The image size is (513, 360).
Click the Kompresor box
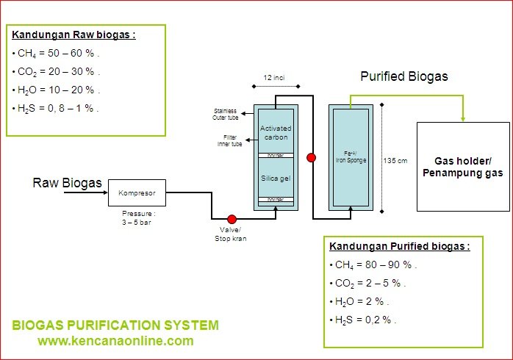[x=137, y=193]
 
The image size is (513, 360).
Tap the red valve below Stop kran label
[x=232, y=218]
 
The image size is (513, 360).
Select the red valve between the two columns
[x=312, y=157]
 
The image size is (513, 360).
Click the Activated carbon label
[x=276, y=133]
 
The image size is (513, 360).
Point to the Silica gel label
[x=276, y=178]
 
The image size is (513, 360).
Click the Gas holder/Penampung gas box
[x=463, y=167]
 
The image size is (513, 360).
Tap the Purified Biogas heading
[x=403, y=76]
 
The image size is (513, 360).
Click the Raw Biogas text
[x=67, y=183]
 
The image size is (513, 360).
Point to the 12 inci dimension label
[x=275, y=77]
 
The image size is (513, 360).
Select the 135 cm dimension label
[x=395, y=160]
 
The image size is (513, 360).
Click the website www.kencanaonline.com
[x=115, y=341]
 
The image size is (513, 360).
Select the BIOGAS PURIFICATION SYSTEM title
[x=115, y=325]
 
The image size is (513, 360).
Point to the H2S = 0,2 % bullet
[x=365, y=320]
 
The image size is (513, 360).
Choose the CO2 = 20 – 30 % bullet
[x=57, y=71]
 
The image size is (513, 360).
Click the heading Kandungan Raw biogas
[x=73, y=34]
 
